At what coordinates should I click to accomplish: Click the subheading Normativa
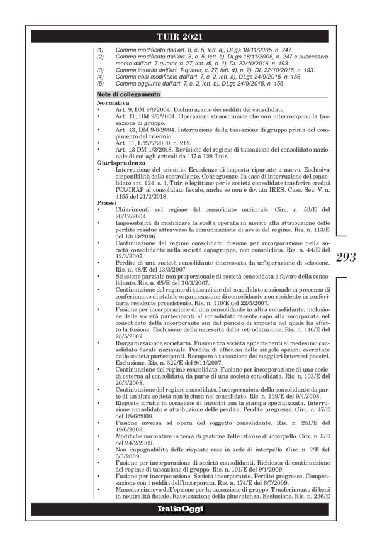pyautogui.click(x=111, y=101)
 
